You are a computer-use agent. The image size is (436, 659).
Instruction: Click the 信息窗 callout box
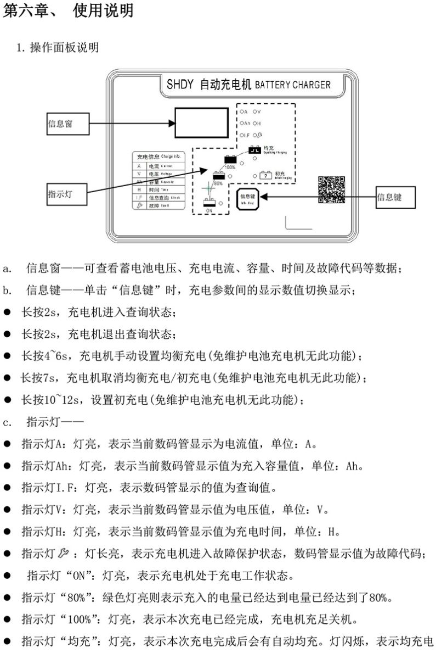(x=67, y=124)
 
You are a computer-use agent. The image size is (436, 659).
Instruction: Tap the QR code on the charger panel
(x=332, y=189)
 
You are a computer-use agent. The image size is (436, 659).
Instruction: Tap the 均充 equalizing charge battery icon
(x=255, y=149)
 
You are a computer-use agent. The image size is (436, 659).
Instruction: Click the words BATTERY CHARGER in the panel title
(x=293, y=85)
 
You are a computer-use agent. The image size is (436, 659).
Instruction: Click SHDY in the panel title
(x=179, y=85)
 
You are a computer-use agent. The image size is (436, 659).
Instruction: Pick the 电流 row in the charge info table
(x=159, y=165)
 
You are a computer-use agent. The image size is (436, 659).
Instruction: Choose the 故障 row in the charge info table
(x=159, y=205)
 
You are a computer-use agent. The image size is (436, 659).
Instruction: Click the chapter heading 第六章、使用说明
(x=69, y=10)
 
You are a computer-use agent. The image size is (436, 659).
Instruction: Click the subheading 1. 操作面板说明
(x=58, y=48)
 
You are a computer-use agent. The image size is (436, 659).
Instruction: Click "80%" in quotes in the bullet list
(x=85, y=597)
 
